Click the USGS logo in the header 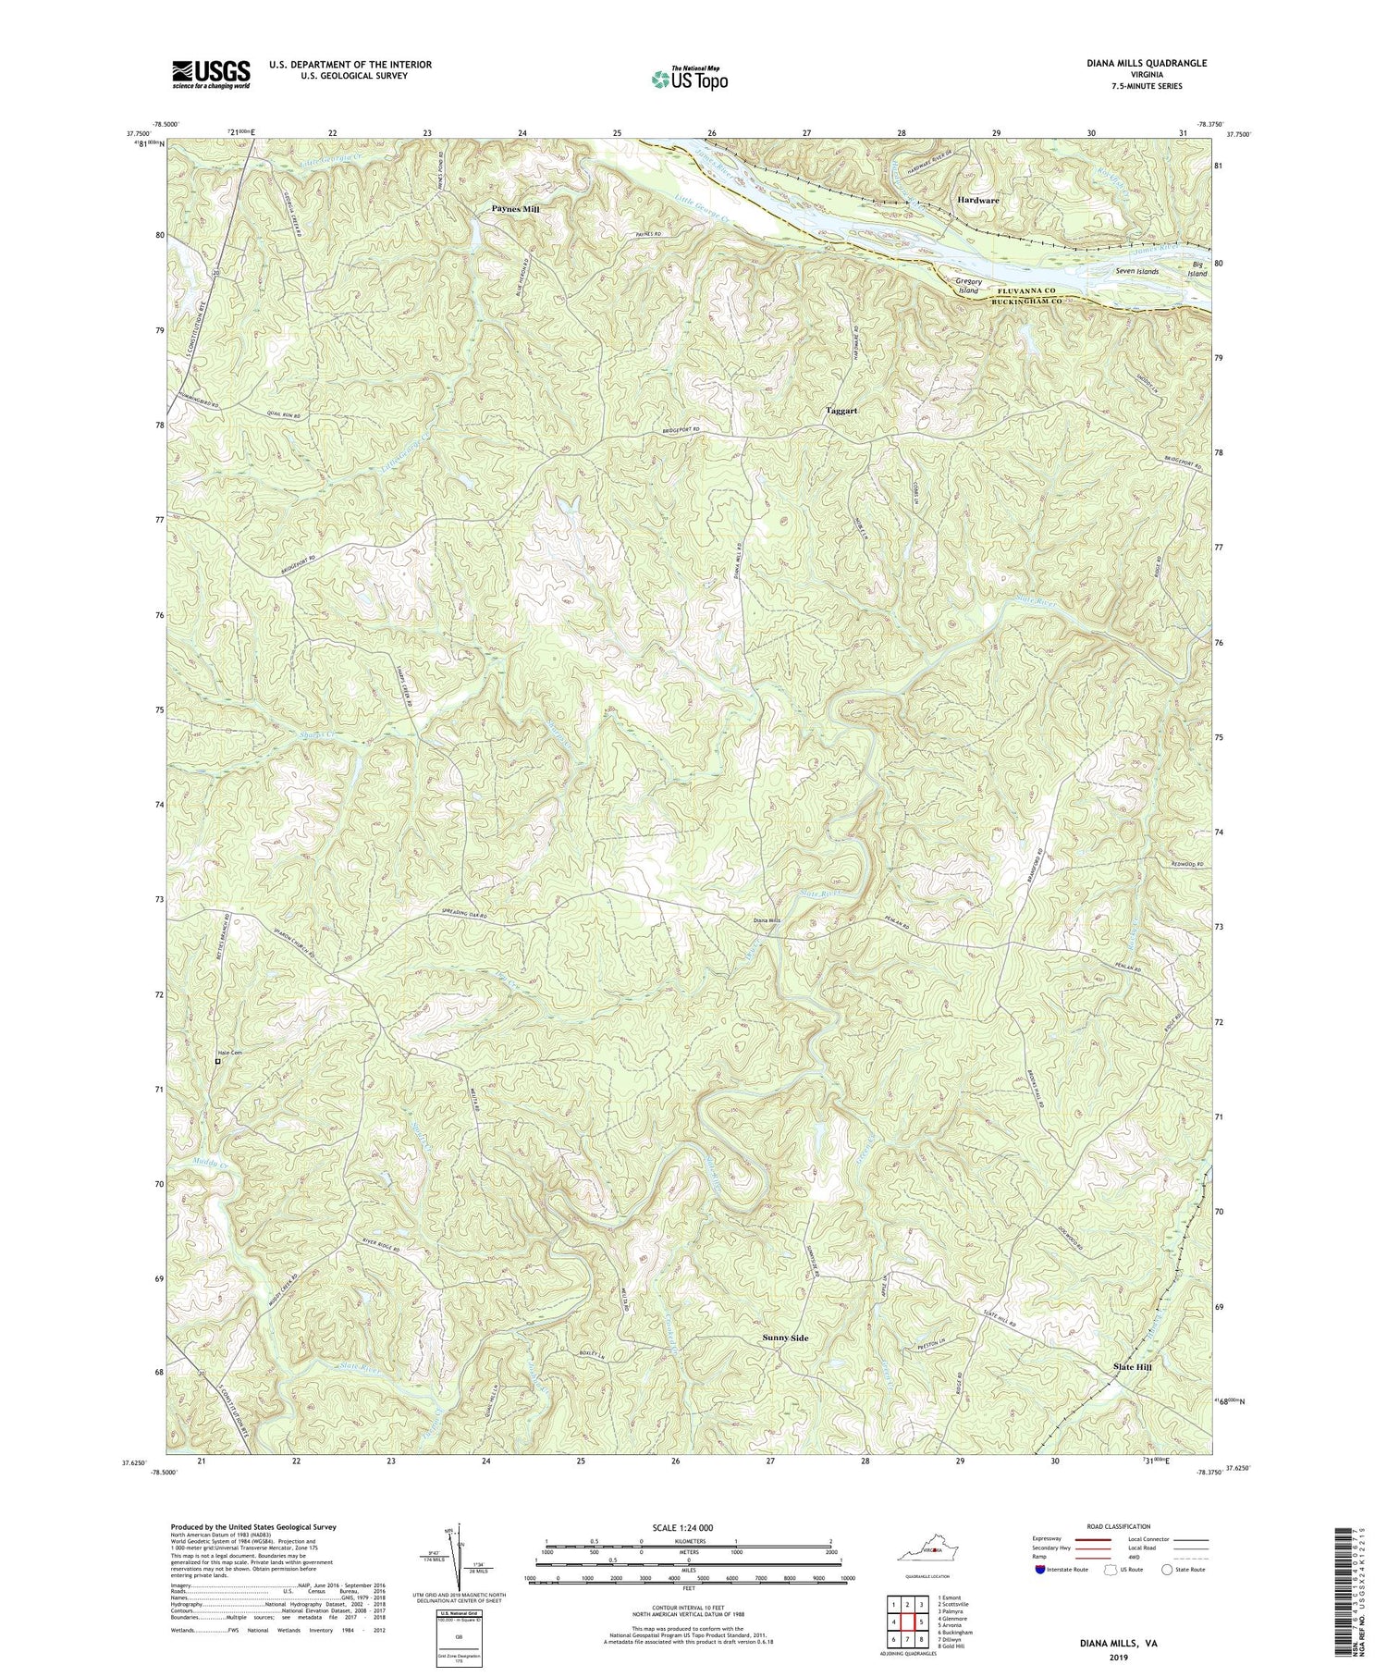pos(198,73)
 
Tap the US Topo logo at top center pos(688,80)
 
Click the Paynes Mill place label pos(515,210)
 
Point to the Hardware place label pos(978,200)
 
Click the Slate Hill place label pos(1132,1366)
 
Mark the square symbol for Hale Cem pos(218,1062)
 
